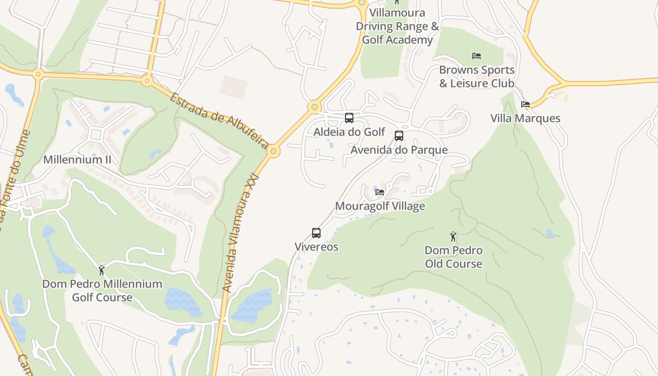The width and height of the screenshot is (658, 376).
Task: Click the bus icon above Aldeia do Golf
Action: [x=349, y=118]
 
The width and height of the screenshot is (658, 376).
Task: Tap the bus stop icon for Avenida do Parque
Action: [x=399, y=136]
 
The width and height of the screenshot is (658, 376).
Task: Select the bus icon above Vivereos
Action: [x=316, y=233]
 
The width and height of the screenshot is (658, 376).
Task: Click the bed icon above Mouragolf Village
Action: [x=380, y=192]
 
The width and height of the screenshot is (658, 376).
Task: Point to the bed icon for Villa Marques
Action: [x=525, y=104]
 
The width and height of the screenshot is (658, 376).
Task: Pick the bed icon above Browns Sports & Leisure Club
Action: [x=477, y=56]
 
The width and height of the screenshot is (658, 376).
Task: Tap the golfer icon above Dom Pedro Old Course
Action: [x=453, y=236]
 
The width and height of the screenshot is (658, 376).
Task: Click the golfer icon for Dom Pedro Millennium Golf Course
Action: [x=102, y=270]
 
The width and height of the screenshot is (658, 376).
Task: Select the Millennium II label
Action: [x=77, y=159]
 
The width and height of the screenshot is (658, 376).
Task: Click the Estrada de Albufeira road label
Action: [x=219, y=120]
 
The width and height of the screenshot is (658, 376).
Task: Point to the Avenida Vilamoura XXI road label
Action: [x=240, y=233]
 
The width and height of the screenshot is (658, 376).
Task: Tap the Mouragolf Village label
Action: [x=380, y=206]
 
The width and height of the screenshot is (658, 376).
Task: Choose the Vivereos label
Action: [x=316, y=247]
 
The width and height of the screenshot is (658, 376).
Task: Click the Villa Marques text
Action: [x=525, y=118]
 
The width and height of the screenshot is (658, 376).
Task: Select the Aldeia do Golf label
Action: [x=349, y=132]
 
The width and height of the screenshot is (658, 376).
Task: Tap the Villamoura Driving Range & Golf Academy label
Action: [x=397, y=26]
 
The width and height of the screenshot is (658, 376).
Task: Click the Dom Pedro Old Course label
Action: [x=454, y=257]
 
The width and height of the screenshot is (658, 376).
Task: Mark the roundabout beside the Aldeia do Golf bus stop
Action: [x=314, y=107]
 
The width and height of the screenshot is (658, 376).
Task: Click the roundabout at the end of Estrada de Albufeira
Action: [x=274, y=151]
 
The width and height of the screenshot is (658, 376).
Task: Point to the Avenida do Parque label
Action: [x=399, y=150]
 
